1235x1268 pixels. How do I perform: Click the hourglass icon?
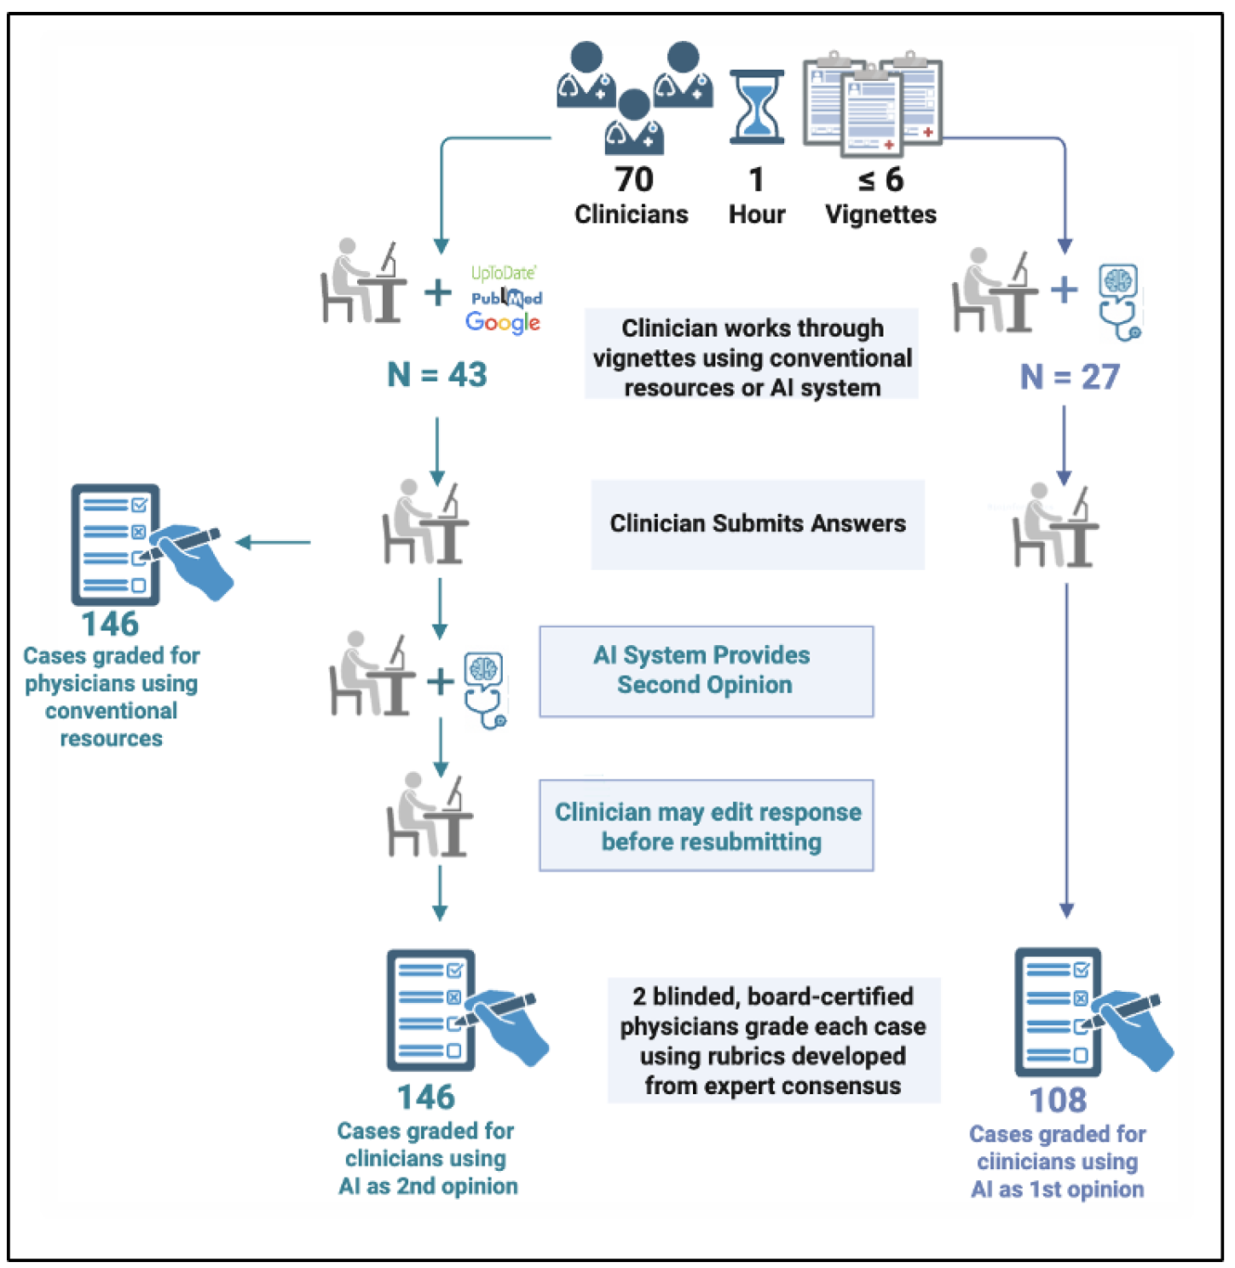click(x=756, y=107)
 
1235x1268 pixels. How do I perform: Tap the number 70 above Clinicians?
click(x=634, y=180)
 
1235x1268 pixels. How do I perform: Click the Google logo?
click(x=503, y=322)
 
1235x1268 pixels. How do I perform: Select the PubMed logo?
click(x=507, y=297)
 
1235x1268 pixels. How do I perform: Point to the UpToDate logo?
click(x=504, y=273)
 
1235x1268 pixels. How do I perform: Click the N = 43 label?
click(x=437, y=374)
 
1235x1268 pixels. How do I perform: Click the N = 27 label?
click(x=1070, y=377)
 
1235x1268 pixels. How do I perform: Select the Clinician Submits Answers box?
click(x=758, y=524)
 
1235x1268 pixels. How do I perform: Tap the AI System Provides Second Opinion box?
click(x=706, y=671)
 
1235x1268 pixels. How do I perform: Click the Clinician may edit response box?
click(x=707, y=826)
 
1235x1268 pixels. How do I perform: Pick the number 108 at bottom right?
click(x=1058, y=1100)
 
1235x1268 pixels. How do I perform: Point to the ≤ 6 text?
click(x=880, y=180)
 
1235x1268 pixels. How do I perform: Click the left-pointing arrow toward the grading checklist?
click(x=273, y=542)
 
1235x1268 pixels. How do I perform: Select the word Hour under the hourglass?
click(x=757, y=215)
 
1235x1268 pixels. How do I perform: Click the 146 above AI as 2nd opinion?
click(x=426, y=1097)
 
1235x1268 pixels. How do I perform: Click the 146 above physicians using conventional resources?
click(x=110, y=624)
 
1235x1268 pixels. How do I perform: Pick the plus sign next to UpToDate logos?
click(x=438, y=292)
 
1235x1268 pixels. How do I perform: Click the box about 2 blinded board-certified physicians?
click(x=773, y=1040)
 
